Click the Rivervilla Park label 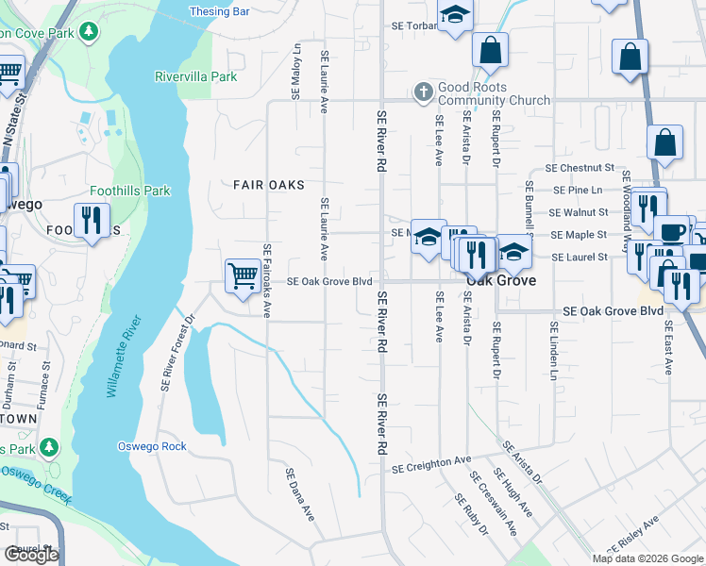[x=196, y=76]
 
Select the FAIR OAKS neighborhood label [x=270, y=185]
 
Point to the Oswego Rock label [x=152, y=446]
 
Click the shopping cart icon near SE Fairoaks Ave [x=243, y=275]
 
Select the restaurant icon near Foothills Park [x=92, y=221]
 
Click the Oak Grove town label [x=500, y=281]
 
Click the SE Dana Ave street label [x=299, y=493]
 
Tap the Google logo [x=32, y=555]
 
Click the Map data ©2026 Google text [x=647, y=558]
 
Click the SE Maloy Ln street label [x=296, y=71]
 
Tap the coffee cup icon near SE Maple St [x=672, y=232]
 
